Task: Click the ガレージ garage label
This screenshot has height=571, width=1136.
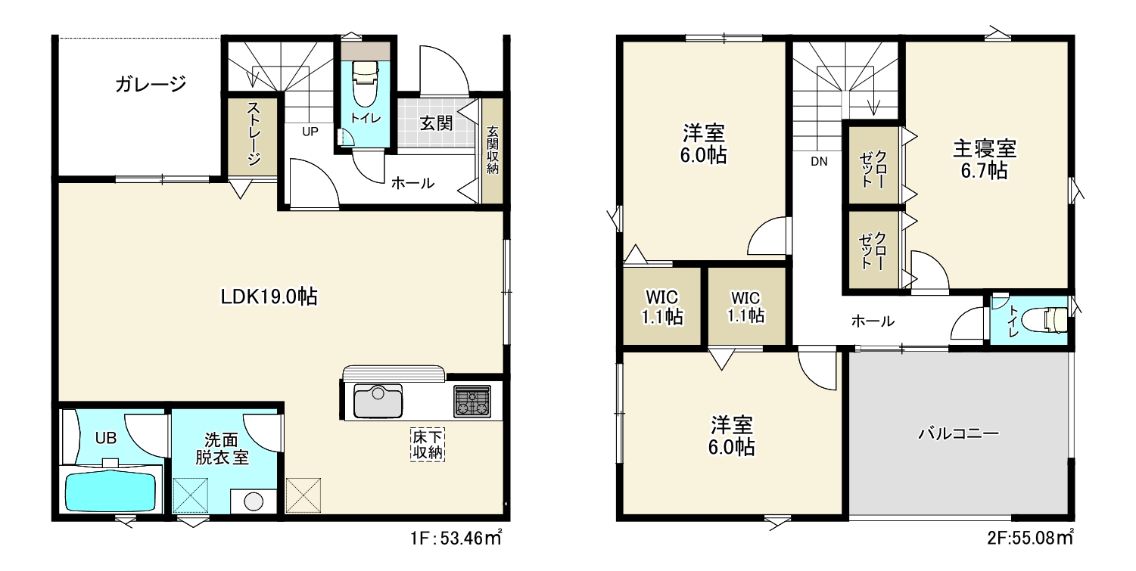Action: tap(151, 84)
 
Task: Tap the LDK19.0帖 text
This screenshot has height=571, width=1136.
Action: tap(269, 296)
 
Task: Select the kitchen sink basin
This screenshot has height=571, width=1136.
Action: tap(378, 401)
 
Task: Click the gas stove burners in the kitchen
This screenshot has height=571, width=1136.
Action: tap(472, 401)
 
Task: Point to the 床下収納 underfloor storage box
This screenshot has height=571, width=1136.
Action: tap(428, 445)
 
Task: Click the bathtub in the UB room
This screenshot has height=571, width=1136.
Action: tap(110, 491)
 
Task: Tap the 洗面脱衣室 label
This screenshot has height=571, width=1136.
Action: tap(222, 448)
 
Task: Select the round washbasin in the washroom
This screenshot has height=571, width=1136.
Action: tap(254, 502)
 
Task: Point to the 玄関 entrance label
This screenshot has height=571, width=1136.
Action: tap(436, 123)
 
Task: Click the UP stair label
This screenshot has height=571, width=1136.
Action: tap(310, 132)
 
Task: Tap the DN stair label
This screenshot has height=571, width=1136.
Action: tap(819, 162)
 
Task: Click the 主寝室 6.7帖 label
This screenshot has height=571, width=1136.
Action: tap(985, 160)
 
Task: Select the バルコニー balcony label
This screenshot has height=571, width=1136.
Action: tap(958, 434)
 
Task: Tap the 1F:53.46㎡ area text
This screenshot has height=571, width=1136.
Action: tap(456, 538)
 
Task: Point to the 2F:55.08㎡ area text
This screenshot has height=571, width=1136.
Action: tap(1030, 537)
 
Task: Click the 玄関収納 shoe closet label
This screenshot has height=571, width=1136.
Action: tap(492, 150)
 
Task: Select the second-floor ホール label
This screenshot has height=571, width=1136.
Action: tap(873, 321)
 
